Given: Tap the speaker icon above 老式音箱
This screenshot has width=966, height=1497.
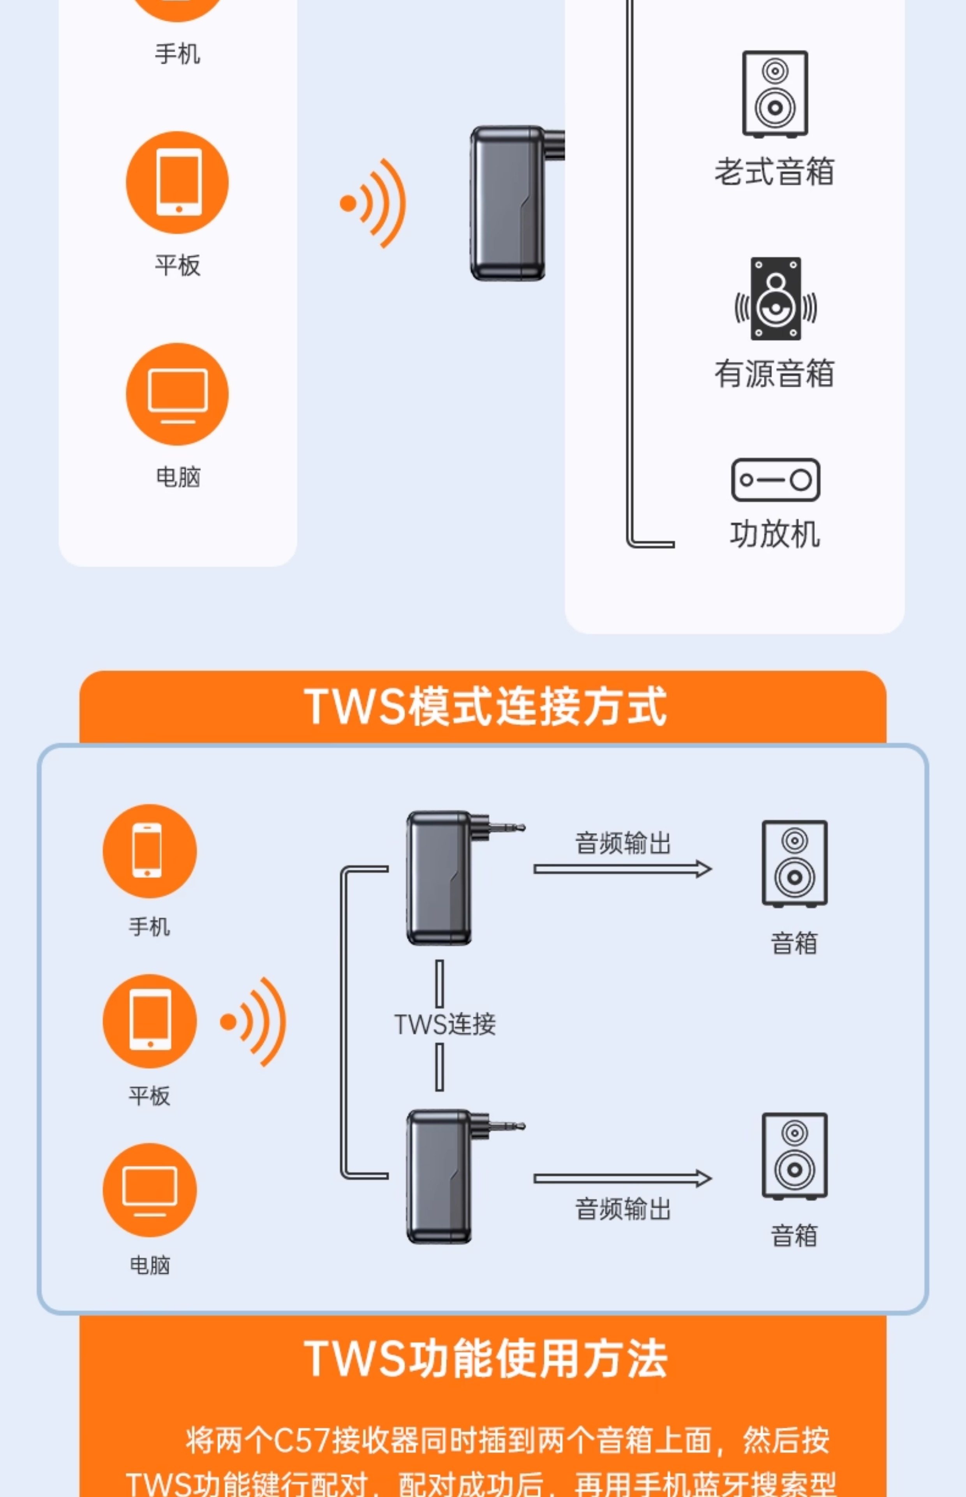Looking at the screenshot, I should click(775, 94).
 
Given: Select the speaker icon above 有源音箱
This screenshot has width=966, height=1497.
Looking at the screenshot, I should click(776, 299).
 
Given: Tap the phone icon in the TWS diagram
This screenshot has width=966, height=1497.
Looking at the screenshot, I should click(149, 851).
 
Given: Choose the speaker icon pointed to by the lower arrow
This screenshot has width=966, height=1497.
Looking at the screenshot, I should click(794, 1156).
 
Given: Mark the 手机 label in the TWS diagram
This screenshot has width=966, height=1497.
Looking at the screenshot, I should click(149, 926).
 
